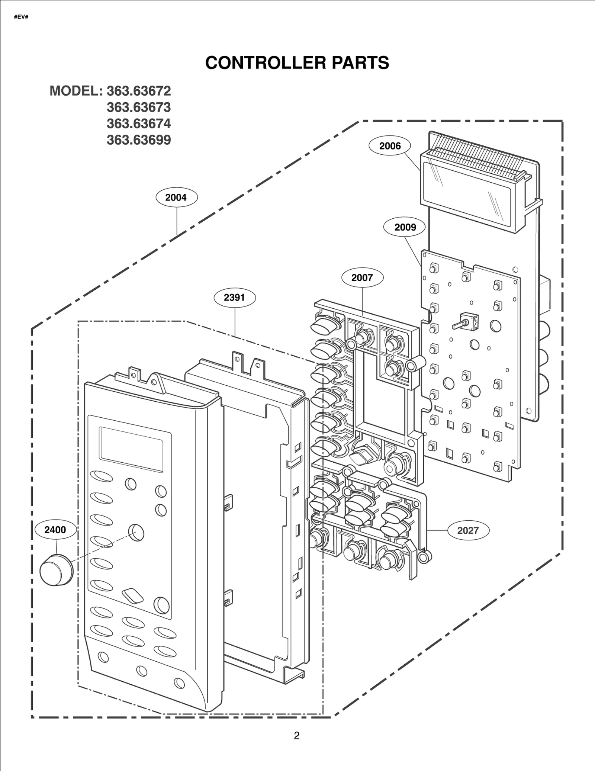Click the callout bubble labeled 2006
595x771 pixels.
[x=390, y=146]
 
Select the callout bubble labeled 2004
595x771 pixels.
[x=176, y=197]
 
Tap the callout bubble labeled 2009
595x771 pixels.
[x=405, y=227]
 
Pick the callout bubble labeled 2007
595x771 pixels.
[x=362, y=277]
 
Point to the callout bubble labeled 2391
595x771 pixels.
[x=234, y=298]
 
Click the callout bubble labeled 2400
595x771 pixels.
[x=55, y=530]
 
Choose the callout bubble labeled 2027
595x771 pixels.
[x=467, y=530]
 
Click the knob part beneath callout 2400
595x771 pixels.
[x=56, y=571]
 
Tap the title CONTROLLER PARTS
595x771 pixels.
[x=297, y=62]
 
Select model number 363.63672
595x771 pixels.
[x=139, y=91]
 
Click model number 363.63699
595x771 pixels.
[x=139, y=140]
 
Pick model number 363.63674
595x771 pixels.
[x=139, y=124]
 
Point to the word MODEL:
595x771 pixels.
[x=76, y=91]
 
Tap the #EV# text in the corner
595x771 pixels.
[x=21, y=17]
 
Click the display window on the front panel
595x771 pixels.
[x=131, y=449]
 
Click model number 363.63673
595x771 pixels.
[x=139, y=107]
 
